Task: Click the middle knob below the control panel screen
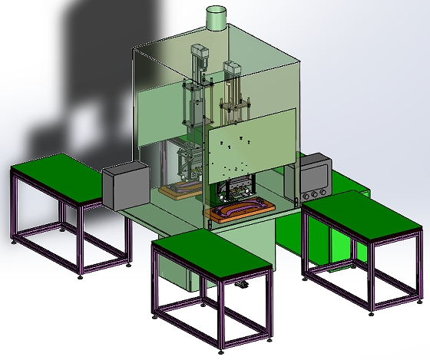coord(315,192)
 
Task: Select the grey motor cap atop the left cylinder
coord(201,53)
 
